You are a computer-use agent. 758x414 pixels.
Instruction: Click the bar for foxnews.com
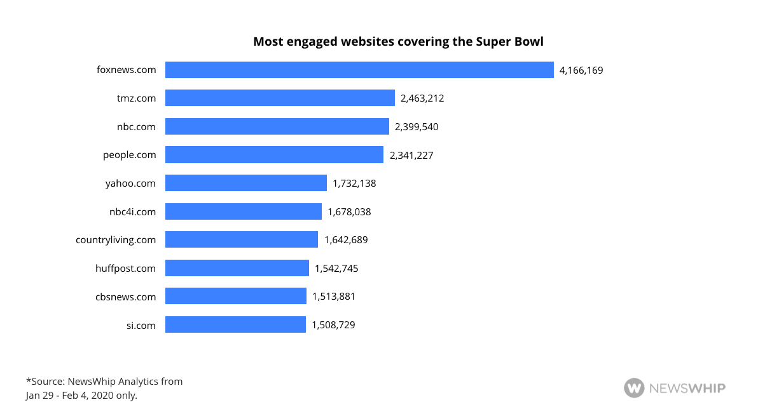[359, 70]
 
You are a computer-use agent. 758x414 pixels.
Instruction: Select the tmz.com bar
[280, 98]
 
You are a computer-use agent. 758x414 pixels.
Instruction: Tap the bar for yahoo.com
[246, 183]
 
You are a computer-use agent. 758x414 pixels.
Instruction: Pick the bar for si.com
[235, 324]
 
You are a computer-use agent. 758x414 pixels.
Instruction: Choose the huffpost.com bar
[237, 268]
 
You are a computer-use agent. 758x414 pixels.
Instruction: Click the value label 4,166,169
[581, 70]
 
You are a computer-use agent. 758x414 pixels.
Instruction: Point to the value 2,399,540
[417, 127]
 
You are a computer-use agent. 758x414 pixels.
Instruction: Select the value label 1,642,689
[346, 240]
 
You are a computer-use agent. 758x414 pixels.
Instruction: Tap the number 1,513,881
[333, 297]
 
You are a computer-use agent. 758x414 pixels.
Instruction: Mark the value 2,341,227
[411, 155]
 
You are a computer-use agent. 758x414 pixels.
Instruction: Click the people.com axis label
[129, 155]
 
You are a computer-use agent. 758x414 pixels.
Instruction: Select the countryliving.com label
[116, 240]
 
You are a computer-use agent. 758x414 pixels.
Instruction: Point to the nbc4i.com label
[132, 211]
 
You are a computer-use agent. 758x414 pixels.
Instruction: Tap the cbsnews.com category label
[125, 297]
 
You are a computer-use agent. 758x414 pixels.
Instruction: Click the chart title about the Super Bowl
[398, 42]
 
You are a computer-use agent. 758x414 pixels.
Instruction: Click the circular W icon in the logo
[634, 387]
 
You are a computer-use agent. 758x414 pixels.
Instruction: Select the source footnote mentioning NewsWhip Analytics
[104, 389]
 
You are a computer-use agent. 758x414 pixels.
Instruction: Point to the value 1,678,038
[349, 211]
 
